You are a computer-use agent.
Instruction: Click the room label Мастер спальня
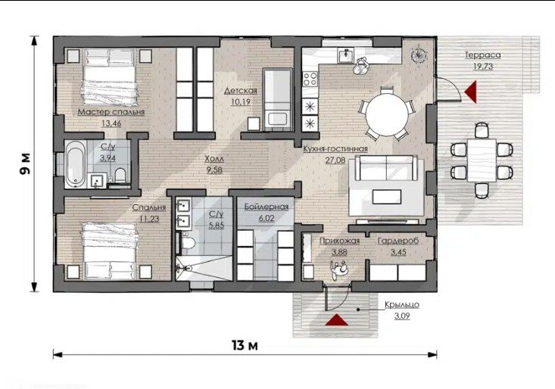click(x=111, y=112)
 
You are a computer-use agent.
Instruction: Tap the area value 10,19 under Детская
click(x=240, y=102)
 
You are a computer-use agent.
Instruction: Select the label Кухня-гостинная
click(x=335, y=149)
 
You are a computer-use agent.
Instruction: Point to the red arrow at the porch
click(x=337, y=319)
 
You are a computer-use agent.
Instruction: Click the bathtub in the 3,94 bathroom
click(x=76, y=164)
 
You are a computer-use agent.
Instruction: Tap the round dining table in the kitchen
click(x=387, y=114)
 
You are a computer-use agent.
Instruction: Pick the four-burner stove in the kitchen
click(x=310, y=79)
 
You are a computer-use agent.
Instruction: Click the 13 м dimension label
click(x=245, y=345)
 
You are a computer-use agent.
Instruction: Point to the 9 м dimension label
click(x=24, y=164)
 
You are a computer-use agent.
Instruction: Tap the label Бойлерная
click(x=267, y=207)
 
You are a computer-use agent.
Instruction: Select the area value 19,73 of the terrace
click(x=483, y=66)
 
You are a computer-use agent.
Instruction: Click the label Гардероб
click(x=398, y=241)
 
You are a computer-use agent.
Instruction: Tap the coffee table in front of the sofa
click(x=387, y=197)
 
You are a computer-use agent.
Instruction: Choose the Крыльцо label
click(x=402, y=304)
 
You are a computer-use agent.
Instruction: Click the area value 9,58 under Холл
click(x=214, y=170)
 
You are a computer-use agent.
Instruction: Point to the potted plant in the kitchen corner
click(x=419, y=54)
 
